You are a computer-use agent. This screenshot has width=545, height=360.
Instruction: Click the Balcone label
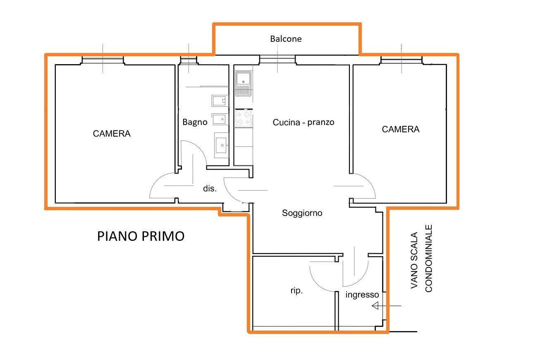pos(286,39)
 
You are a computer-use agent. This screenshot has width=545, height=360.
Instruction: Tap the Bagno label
pos(195,122)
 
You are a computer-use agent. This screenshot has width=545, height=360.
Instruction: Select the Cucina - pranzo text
pos(304,122)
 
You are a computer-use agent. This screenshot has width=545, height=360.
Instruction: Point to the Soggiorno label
pos(302,213)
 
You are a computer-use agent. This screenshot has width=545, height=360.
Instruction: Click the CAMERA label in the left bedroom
pos(112,134)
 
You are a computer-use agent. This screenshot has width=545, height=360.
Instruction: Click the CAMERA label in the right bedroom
pos(400,129)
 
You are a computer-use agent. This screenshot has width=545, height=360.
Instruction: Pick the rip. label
pos(296,290)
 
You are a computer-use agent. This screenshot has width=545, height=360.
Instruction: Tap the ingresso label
pos(362,295)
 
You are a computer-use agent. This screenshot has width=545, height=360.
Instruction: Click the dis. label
pos(210,188)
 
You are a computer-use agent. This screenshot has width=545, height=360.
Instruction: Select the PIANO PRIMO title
pos(141,236)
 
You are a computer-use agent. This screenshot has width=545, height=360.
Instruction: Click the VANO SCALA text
pos(414,260)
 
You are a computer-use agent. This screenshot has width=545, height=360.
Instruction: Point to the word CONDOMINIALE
pos(428,258)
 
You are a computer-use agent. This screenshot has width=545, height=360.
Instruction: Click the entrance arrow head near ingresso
pos(375,305)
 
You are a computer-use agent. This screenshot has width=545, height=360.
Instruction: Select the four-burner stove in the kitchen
pos(243,118)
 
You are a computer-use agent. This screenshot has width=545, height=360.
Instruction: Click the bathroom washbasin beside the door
pos(222,145)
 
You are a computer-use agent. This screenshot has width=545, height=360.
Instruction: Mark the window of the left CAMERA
pos(103,60)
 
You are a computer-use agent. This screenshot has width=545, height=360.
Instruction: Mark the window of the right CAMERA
pos(401,60)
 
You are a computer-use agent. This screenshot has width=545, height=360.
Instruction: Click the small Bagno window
pos(189,60)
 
